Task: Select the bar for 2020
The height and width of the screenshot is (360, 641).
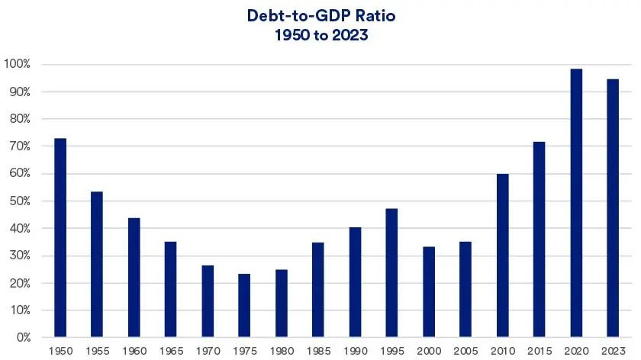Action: pyautogui.click(x=576, y=203)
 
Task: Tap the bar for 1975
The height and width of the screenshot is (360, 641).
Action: pyautogui.click(x=244, y=305)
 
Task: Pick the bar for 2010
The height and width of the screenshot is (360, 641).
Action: pyautogui.click(x=502, y=256)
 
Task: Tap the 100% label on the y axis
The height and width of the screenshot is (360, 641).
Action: pyautogui.click(x=17, y=64)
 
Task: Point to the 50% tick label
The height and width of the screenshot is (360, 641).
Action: pyautogui.click(x=19, y=201)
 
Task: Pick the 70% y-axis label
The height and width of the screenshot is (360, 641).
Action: pyautogui.click(x=19, y=146)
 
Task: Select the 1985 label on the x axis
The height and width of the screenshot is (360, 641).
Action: pyautogui.click(x=318, y=350)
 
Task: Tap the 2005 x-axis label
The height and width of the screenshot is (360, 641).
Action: pyautogui.click(x=465, y=350)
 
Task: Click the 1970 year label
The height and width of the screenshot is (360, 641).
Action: pyautogui.click(x=208, y=350)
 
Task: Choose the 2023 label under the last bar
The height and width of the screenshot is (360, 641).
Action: pyautogui.click(x=613, y=350)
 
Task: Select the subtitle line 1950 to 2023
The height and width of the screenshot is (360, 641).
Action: pyautogui.click(x=320, y=34)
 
